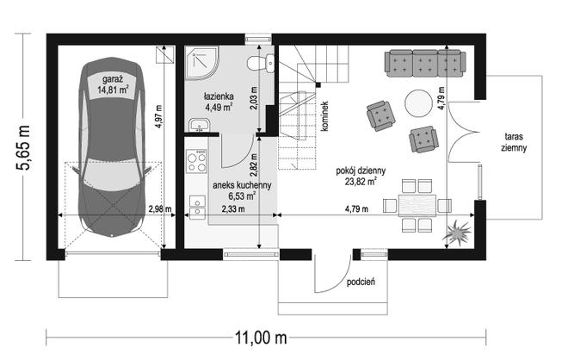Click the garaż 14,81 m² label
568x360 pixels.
point(114,84)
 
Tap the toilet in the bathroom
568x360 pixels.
point(261,63)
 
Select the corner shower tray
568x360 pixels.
point(202,62)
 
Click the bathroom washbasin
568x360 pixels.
point(199,125)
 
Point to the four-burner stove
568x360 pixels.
point(197,160)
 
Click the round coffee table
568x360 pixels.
point(418,103)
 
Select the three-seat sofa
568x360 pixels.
point(425,64)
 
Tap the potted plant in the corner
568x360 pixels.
point(458,231)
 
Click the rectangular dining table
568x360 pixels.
point(417,205)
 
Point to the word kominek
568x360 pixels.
point(324,116)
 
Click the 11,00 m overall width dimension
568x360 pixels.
point(261,338)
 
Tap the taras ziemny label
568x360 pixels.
point(514,142)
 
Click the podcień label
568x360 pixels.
point(361,282)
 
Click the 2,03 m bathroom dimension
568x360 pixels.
point(254,98)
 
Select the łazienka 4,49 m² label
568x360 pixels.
point(219,102)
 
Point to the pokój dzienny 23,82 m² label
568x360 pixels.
point(361,176)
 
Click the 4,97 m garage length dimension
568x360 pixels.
point(158,116)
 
